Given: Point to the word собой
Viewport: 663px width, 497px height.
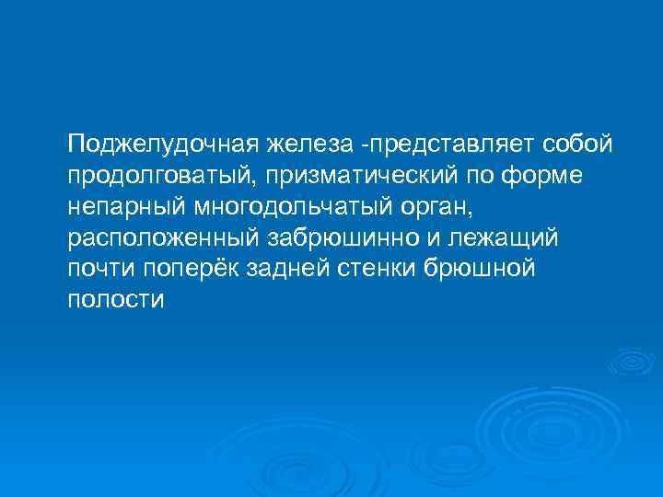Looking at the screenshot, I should [577, 144].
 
